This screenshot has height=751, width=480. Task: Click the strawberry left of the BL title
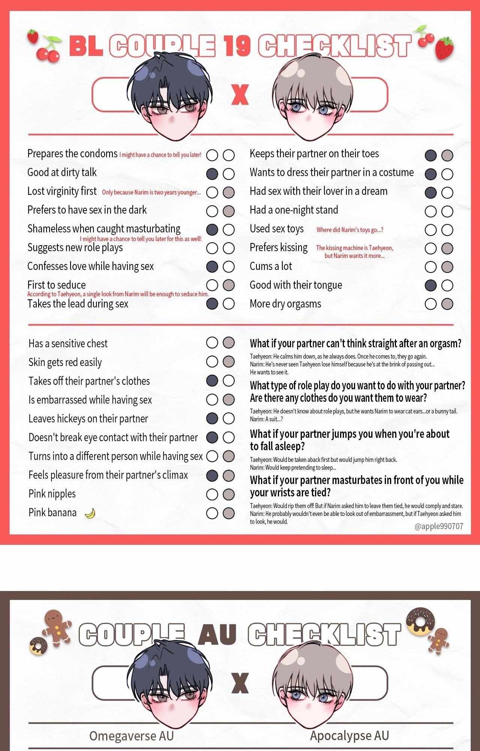coord(33,36)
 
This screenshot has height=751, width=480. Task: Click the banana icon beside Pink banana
coord(90,513)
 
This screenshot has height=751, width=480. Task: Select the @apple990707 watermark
coord(439,526)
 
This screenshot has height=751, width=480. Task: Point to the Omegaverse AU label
coord(131,736)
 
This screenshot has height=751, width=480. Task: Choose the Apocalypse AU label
coord(349,736)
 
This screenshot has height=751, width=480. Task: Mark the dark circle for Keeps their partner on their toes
coord(430,155)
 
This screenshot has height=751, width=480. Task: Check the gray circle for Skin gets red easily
coord(228,362)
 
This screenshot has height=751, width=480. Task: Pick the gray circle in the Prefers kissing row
coord(447,248)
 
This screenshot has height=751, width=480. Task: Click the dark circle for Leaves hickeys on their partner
coord(212,418)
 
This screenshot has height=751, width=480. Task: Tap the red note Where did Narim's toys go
coord(349,230)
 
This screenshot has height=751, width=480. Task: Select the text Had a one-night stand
coord(294,210)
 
